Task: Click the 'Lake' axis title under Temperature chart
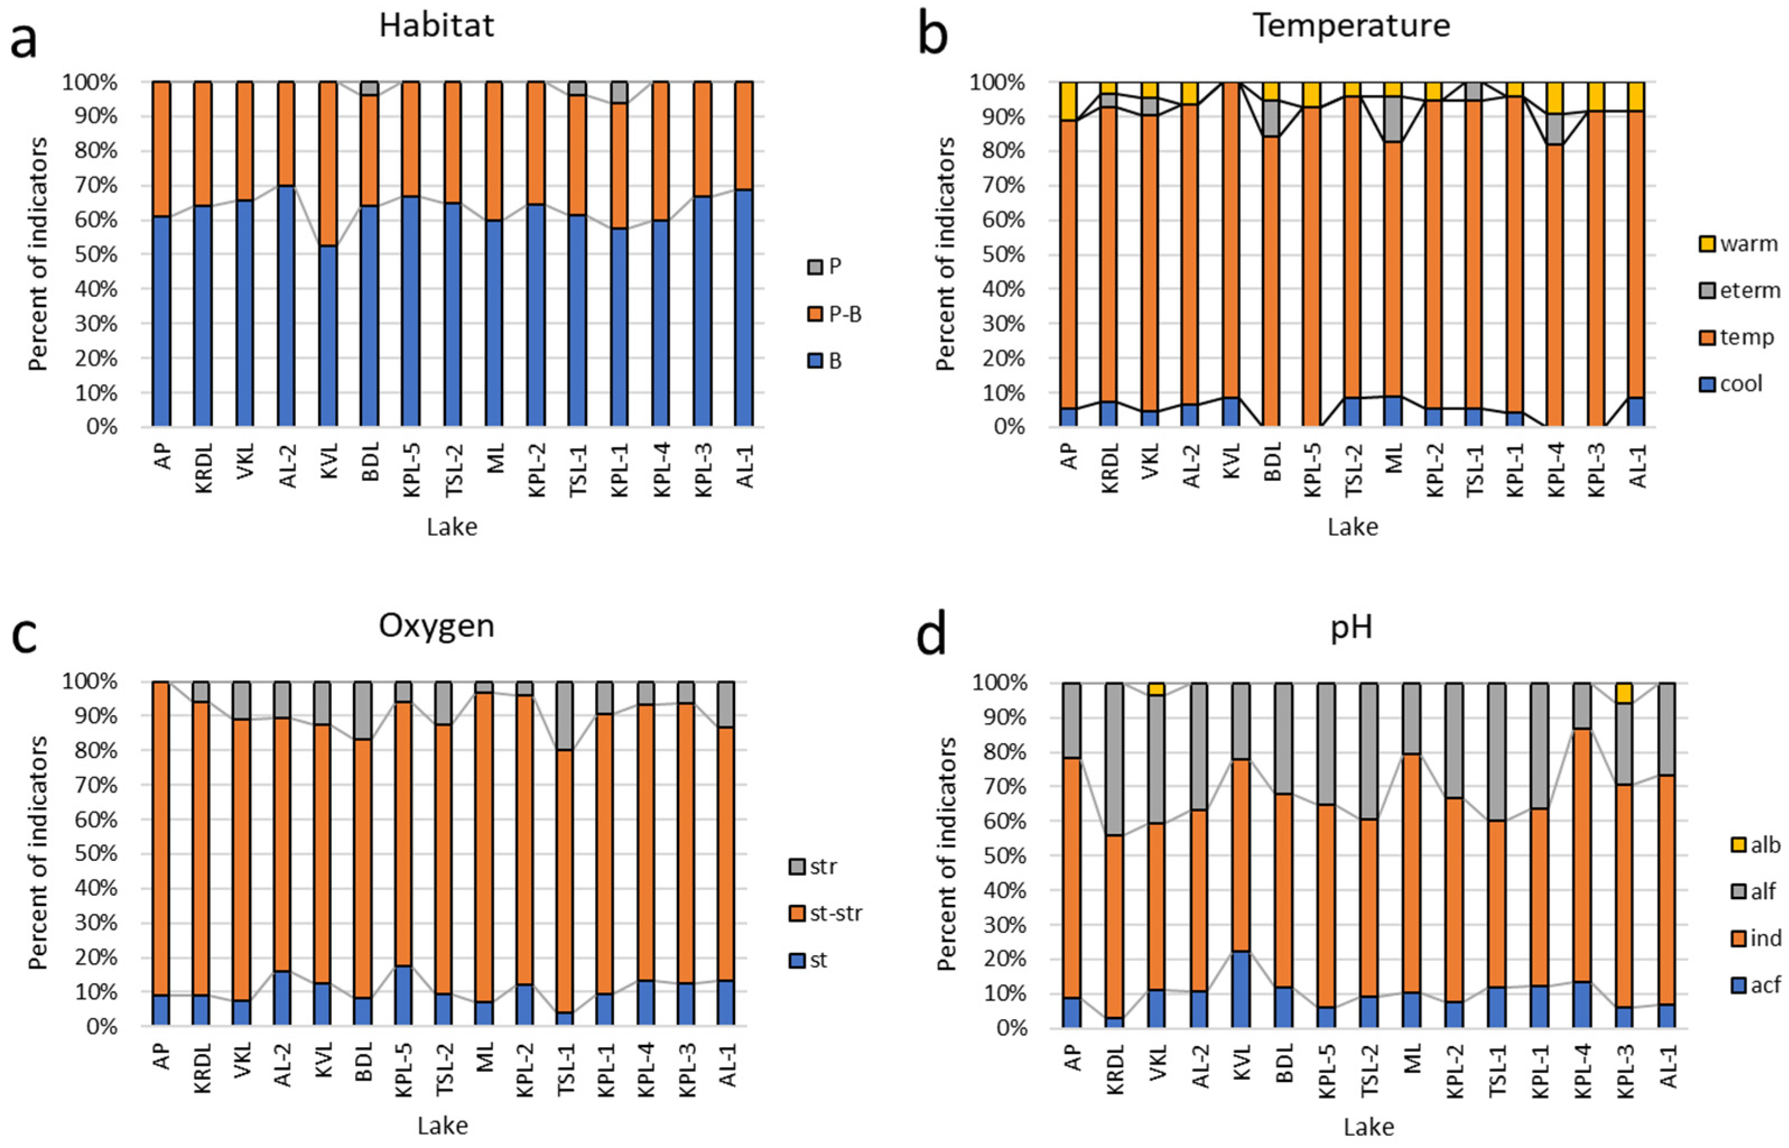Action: point(1351,527)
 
